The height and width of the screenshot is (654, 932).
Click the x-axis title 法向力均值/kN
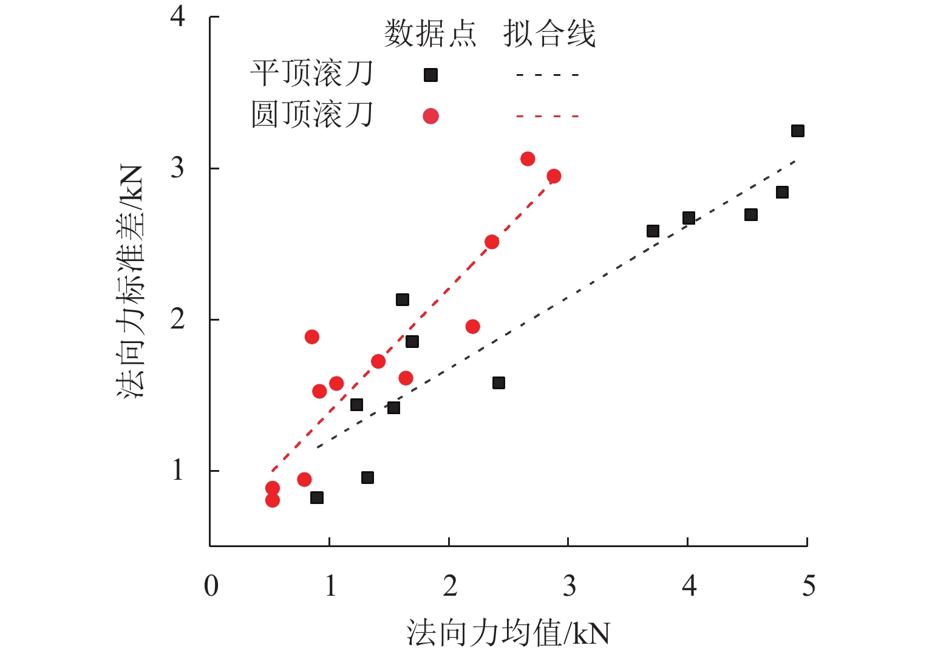coord(508,633)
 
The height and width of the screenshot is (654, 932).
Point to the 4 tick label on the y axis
coord(177,16)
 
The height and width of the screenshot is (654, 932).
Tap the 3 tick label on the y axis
coord(177,167)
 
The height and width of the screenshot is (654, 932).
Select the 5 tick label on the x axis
coord(808,586)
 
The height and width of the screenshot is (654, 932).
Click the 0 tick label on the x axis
coord(211,586)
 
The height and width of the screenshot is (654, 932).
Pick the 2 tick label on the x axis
coord(449,586)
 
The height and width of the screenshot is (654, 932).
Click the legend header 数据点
coord(430,33)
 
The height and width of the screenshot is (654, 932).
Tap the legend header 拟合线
coord(549,33)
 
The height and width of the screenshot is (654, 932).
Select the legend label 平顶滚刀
coord(312,74)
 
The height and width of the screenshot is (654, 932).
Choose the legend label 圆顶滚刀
coord(312,115)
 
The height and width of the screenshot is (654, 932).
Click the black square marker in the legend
coord(430,75)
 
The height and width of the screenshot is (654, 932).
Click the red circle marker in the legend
coord(430,116)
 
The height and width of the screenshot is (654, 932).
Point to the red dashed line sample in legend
coord(548,116)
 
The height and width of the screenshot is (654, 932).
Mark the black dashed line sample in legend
coord(548,75)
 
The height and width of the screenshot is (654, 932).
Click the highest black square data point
coord(797,131)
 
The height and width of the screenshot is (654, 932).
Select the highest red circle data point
coord(528,159)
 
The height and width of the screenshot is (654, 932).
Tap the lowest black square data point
coord(316,498)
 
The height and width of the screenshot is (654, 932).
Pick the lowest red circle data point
coord(273,500)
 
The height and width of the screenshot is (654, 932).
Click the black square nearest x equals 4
coord(689,218)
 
